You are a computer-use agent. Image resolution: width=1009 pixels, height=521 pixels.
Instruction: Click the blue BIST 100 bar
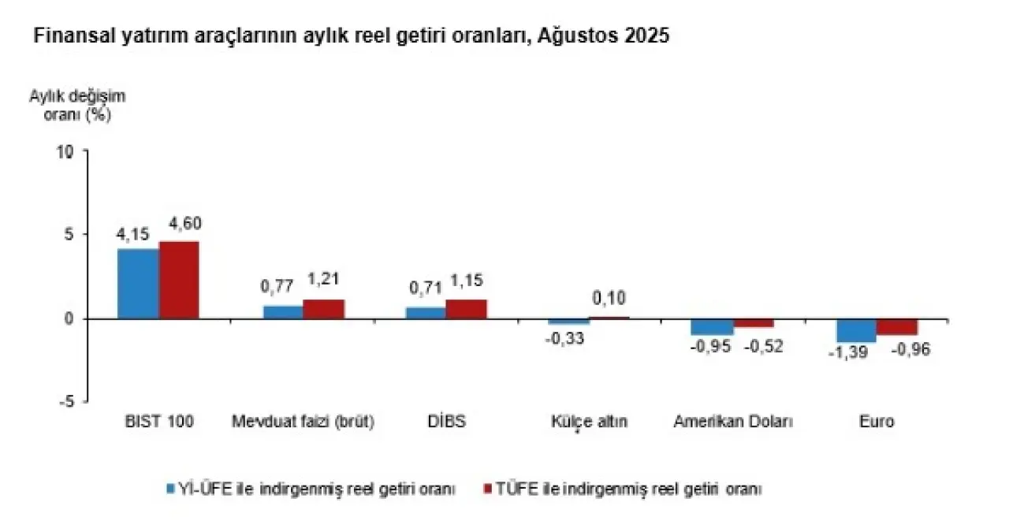(x=138, y=284)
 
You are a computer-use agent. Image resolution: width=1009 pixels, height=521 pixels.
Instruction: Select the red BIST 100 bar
(x=179, y=280)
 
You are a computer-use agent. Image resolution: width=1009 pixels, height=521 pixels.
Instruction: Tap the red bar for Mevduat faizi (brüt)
(x=323, y=309)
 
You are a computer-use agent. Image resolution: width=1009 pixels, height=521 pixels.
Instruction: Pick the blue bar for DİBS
(x=426, y=313)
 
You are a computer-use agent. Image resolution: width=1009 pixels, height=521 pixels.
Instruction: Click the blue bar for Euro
(x=856, y=330)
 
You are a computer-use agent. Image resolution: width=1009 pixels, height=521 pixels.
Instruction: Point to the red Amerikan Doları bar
(x=754, y=323)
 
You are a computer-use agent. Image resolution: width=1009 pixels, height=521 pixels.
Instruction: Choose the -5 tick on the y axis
(x=68, y=401)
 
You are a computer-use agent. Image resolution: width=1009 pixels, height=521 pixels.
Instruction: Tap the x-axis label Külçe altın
(x=589, y=422)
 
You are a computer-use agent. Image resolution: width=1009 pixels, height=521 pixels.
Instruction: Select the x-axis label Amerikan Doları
(x=733, y=422)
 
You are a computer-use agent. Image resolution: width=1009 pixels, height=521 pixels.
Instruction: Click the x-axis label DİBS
(x=446, y=422)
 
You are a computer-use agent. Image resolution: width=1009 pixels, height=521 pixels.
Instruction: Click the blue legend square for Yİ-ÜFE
(x=169, y=489)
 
